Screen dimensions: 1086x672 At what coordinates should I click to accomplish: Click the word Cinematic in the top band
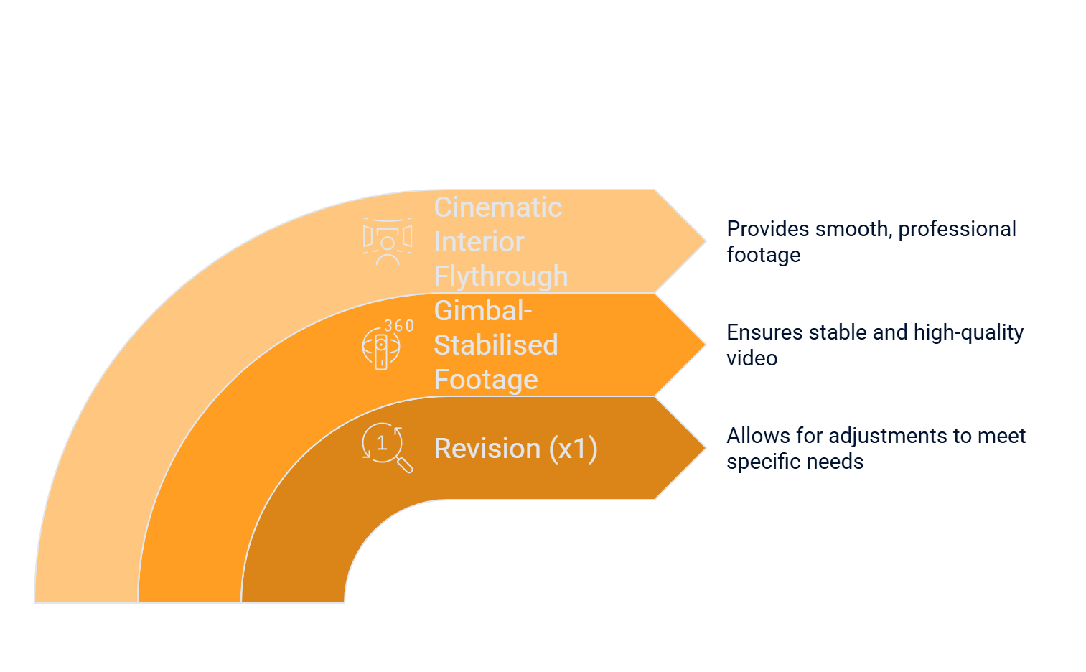point(498,207)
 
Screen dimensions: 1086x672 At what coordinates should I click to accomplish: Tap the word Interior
point(479,242)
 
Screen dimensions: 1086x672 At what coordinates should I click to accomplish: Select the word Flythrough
point(501,277)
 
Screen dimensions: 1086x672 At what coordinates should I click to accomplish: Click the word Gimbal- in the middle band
point(483,311)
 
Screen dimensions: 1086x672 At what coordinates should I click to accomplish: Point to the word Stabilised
point(496,345)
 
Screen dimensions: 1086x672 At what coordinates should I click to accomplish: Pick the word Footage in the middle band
point(486,381)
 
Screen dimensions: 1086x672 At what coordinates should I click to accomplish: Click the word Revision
point(487,449)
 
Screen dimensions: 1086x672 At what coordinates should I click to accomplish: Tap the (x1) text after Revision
point(573,449)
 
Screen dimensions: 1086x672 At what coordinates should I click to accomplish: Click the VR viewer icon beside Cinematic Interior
point(388,241)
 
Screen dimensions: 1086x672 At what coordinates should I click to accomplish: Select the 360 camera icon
point(382,348)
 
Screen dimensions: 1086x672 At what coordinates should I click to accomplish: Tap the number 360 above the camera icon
point(399,326)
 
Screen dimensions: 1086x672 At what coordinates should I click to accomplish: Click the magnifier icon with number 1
point(387,447)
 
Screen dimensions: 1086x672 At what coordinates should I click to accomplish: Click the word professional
point(957,229)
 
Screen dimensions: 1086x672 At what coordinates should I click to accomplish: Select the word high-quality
point(968,333)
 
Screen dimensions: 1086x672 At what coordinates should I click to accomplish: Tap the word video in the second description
point(752,358)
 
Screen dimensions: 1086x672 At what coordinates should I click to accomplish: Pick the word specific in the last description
point(758,462)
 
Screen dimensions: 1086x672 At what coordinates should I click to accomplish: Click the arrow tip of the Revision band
point(705,448)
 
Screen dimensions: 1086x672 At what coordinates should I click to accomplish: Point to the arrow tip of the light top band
point(705,241)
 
